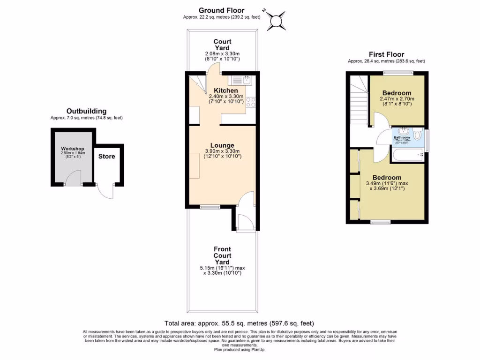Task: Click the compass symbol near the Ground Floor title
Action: [x=276, y=21]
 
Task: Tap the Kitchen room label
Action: [x=225, y=90]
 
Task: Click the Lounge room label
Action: [x=223, y=145]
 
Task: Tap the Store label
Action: [x=106, y=157]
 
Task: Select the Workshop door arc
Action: [x=73, y=178]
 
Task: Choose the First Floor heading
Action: [x=386, y=54]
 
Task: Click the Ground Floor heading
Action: [x=221, y=10]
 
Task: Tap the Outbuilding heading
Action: [x=86, y=111]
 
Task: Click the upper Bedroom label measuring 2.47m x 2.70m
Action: [x=397, y=93]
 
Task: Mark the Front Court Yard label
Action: [x=222, y=255]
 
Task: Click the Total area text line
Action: [x=239, y=323]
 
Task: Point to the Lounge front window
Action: [x=210, y=207]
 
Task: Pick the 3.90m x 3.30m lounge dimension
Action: [x=223, y=151]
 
